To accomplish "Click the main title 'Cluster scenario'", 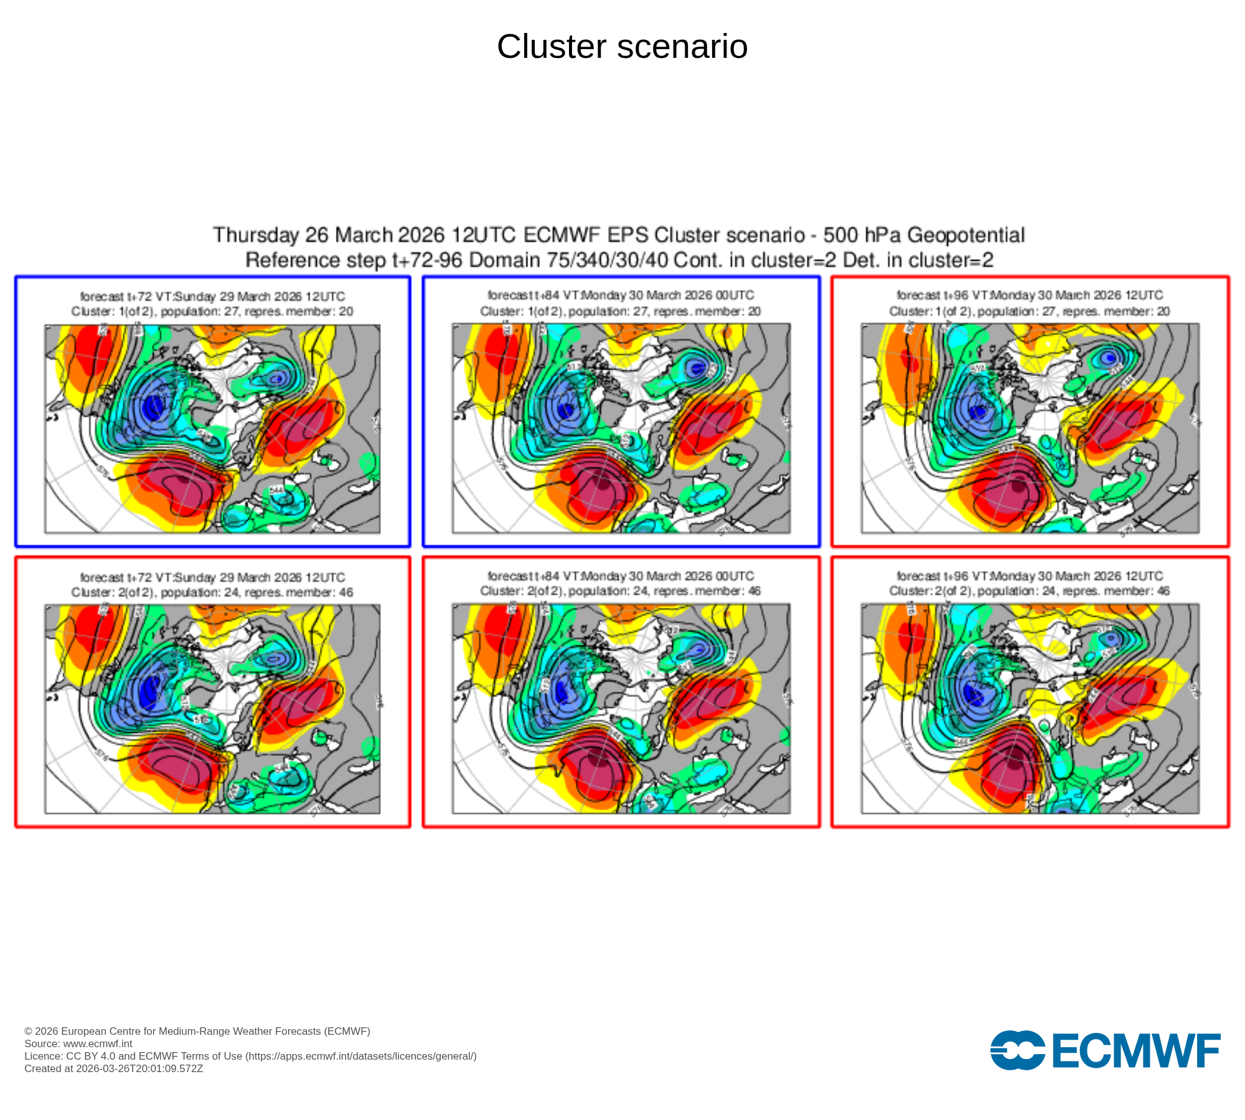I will (622, 47).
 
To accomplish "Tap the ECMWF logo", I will (1105, 1050).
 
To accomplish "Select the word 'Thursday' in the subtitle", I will (256, 235).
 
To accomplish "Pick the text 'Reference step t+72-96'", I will (354, 260).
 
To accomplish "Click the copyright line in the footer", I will (197, 1031).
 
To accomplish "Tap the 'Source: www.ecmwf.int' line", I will (78, 1043).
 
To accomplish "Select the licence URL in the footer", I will (361, 1056).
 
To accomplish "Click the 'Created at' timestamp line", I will (114, 1068).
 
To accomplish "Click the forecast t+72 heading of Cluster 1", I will (212, 297).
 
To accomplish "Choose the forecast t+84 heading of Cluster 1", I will (621, 296).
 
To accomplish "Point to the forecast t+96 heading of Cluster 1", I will (1030, 296).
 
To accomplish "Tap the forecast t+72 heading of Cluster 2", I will (212, 577).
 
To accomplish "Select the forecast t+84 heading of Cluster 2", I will (621, 576).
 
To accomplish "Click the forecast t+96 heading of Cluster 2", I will (1030, 576).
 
